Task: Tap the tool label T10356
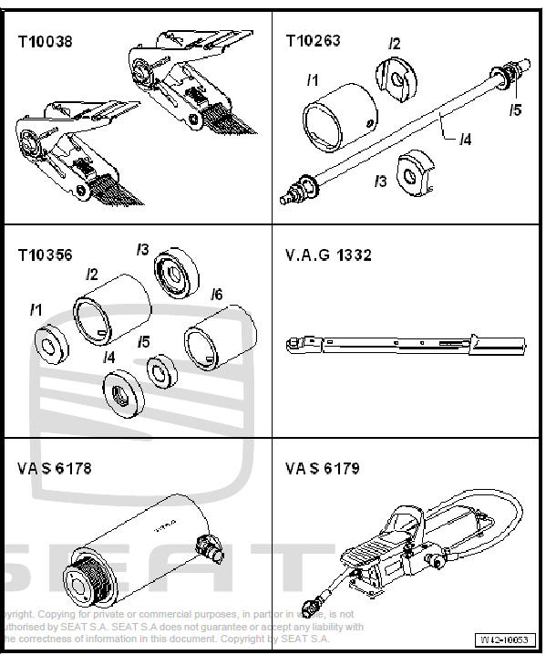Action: (x=45, y=255)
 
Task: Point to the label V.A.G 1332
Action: (x=328, y=255)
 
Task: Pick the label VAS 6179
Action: (x=322, y=469)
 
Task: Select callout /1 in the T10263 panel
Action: (x=312, y=80)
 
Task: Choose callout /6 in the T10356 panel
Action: (x=216, y=295)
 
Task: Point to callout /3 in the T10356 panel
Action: (x=143, y=248)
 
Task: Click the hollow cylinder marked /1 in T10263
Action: (x=339, y=118)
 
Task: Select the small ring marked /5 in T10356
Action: (x=161, y=371)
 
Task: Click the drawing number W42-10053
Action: (x=505, y=640)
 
